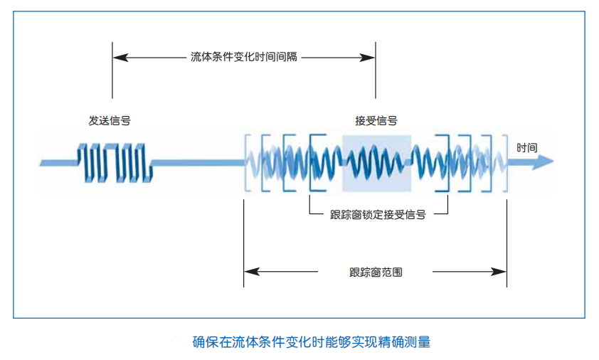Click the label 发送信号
coord(110,121)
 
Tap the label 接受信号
coord(376,121)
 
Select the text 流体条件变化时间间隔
coord(244,57)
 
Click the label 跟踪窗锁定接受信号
coord(378,214)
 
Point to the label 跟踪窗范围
coord(376,272)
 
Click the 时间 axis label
coord(527,148)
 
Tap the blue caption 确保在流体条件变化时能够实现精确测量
coord(312,342)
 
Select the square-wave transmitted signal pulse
coord(114,162)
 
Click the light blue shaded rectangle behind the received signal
coord(376,163)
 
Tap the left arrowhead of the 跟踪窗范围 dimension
coord(248,272)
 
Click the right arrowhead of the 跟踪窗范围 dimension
coord(502,272)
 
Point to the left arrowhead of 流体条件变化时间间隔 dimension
coord(117,57)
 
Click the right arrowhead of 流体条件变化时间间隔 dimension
coord(371,57)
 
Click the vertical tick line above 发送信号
coord(112,71)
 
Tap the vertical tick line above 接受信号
coord(376,71)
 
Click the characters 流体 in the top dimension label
coord(201,57)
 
